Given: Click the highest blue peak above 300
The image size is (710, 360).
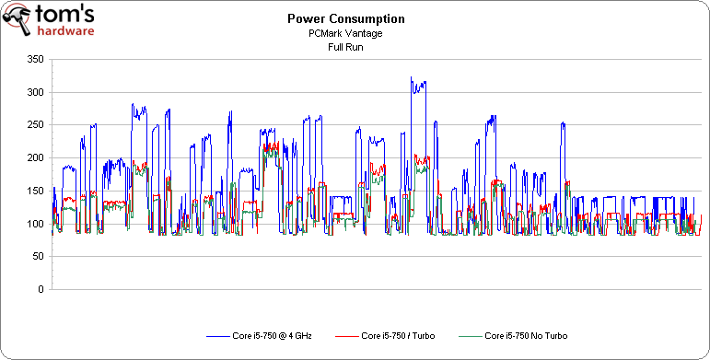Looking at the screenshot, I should coord(412,79).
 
